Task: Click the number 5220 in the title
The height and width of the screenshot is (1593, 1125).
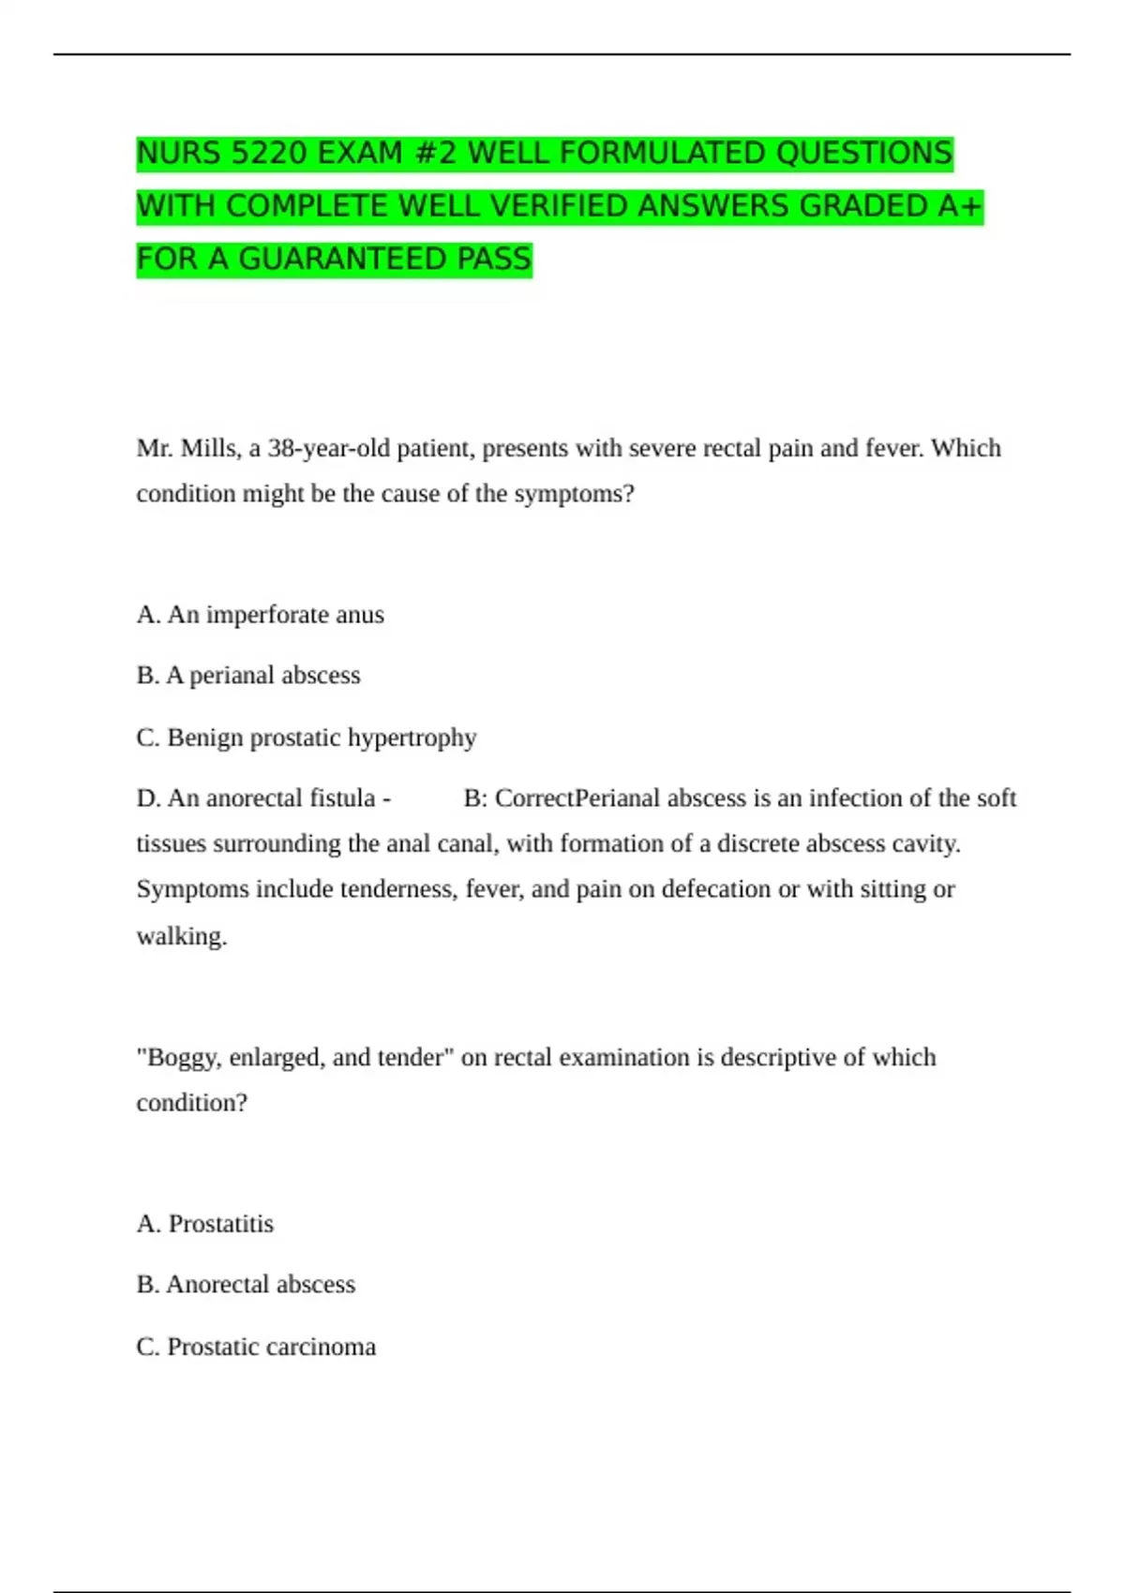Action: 266,153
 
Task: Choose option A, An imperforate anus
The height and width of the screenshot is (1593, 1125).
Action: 260,615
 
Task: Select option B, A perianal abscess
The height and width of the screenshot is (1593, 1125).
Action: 248,676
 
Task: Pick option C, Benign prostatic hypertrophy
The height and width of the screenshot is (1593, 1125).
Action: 307,737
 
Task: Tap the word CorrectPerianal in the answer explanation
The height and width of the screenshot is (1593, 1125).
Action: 577,798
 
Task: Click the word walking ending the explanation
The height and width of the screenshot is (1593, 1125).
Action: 181,936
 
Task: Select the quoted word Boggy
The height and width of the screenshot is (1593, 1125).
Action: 182,1058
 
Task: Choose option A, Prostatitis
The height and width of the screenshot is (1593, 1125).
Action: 205,1224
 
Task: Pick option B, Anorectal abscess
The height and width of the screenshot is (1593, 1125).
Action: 246,1285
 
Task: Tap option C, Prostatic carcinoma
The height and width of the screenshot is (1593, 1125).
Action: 256,1347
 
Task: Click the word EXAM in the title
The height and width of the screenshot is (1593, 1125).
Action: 360,153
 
